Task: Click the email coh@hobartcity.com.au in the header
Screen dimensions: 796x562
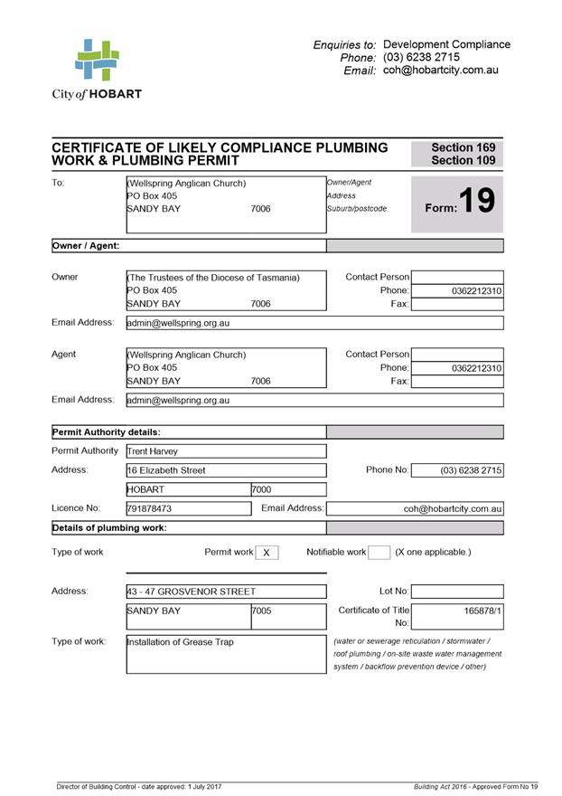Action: click(441, 70)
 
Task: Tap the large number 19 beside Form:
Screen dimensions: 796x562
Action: click(476, 201)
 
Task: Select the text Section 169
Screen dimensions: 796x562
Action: click(463, 147)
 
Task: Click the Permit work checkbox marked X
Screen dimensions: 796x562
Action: click(267, 553)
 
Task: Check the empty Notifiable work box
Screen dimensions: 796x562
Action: click(379, 553)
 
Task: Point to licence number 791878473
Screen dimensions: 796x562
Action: click(149, 509)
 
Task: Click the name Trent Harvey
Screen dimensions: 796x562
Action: click(153, 451)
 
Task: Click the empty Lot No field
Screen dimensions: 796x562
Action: click(456, 592)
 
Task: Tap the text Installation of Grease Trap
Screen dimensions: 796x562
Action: click(180, 642)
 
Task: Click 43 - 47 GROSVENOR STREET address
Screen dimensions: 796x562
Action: click(192, 592)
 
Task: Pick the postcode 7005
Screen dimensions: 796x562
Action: click(261, 611)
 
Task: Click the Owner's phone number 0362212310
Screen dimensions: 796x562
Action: click(476, 291)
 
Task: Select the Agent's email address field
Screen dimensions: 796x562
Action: click(314, 400)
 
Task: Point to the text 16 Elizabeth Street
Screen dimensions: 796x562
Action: click(166, 470)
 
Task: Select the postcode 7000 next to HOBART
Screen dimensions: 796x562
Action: click(261, 489)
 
